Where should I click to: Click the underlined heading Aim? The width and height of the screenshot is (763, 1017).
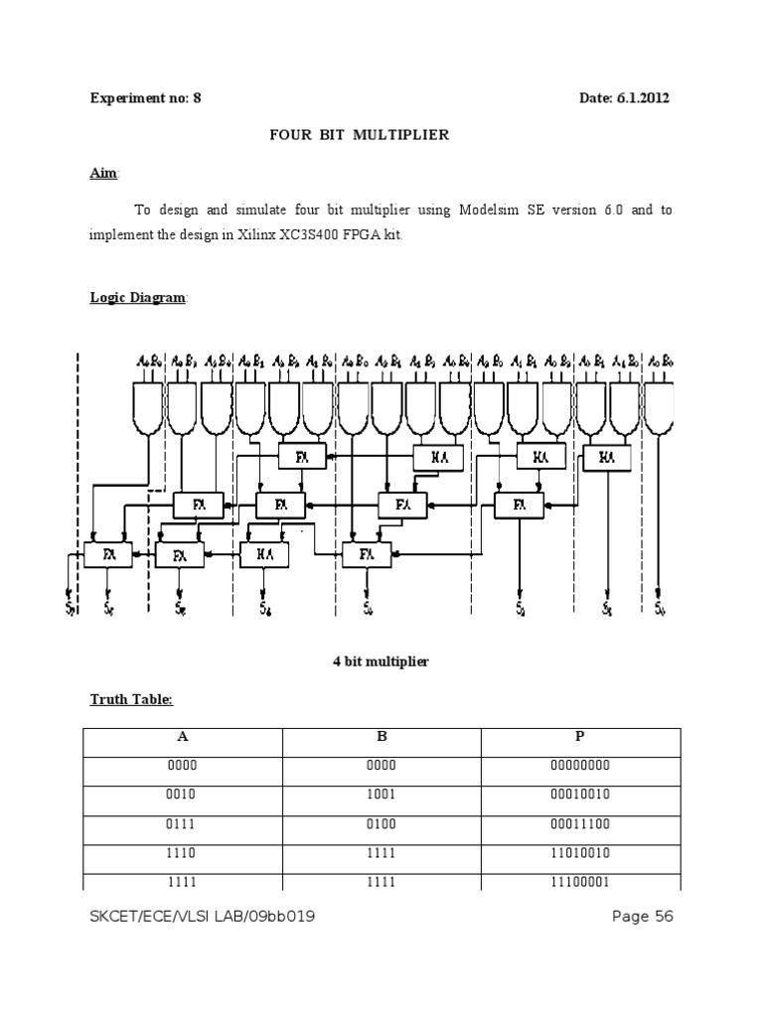tap(103, 174)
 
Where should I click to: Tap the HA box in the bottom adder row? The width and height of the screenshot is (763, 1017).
tap(263, 554)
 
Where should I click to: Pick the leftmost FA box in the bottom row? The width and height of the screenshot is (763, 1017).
tap(107, 554)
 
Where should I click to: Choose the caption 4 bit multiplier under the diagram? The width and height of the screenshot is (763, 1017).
tap(381, 661)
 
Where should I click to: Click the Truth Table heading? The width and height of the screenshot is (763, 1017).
tap(131, 700)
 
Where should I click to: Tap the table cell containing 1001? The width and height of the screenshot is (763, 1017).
tap(381, 795)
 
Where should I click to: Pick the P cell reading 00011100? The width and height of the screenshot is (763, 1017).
tap(580, 823)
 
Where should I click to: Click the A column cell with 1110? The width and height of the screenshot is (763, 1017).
tap(183, 852)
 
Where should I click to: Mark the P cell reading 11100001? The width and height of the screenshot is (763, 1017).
tap(580, 881)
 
